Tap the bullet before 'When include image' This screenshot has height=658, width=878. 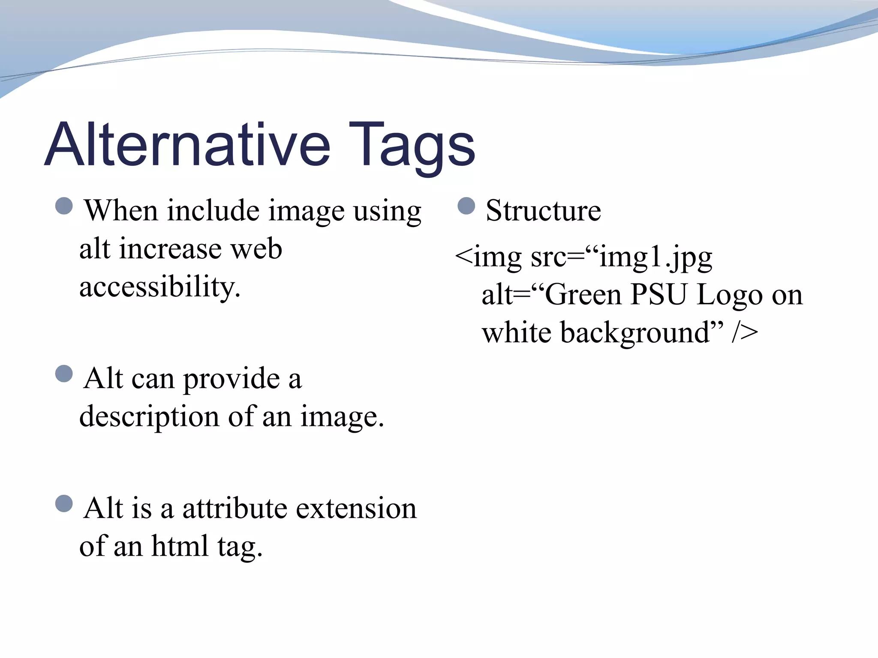[x=64, y=206]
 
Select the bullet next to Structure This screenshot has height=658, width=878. [x=466, y=206]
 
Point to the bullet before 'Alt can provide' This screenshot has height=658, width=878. [x=64, y=374]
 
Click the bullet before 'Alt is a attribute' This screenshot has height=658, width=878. [x=64, y=504]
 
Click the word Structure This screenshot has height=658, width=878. [x=543, y=211]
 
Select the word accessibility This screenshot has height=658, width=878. [x=159, y=287]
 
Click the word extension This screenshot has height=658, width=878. [x=356, y=508]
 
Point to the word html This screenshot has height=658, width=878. [x=180, y=546]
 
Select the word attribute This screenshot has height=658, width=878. [x=235, y=508]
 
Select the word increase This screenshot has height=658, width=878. [x=171, y=249]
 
